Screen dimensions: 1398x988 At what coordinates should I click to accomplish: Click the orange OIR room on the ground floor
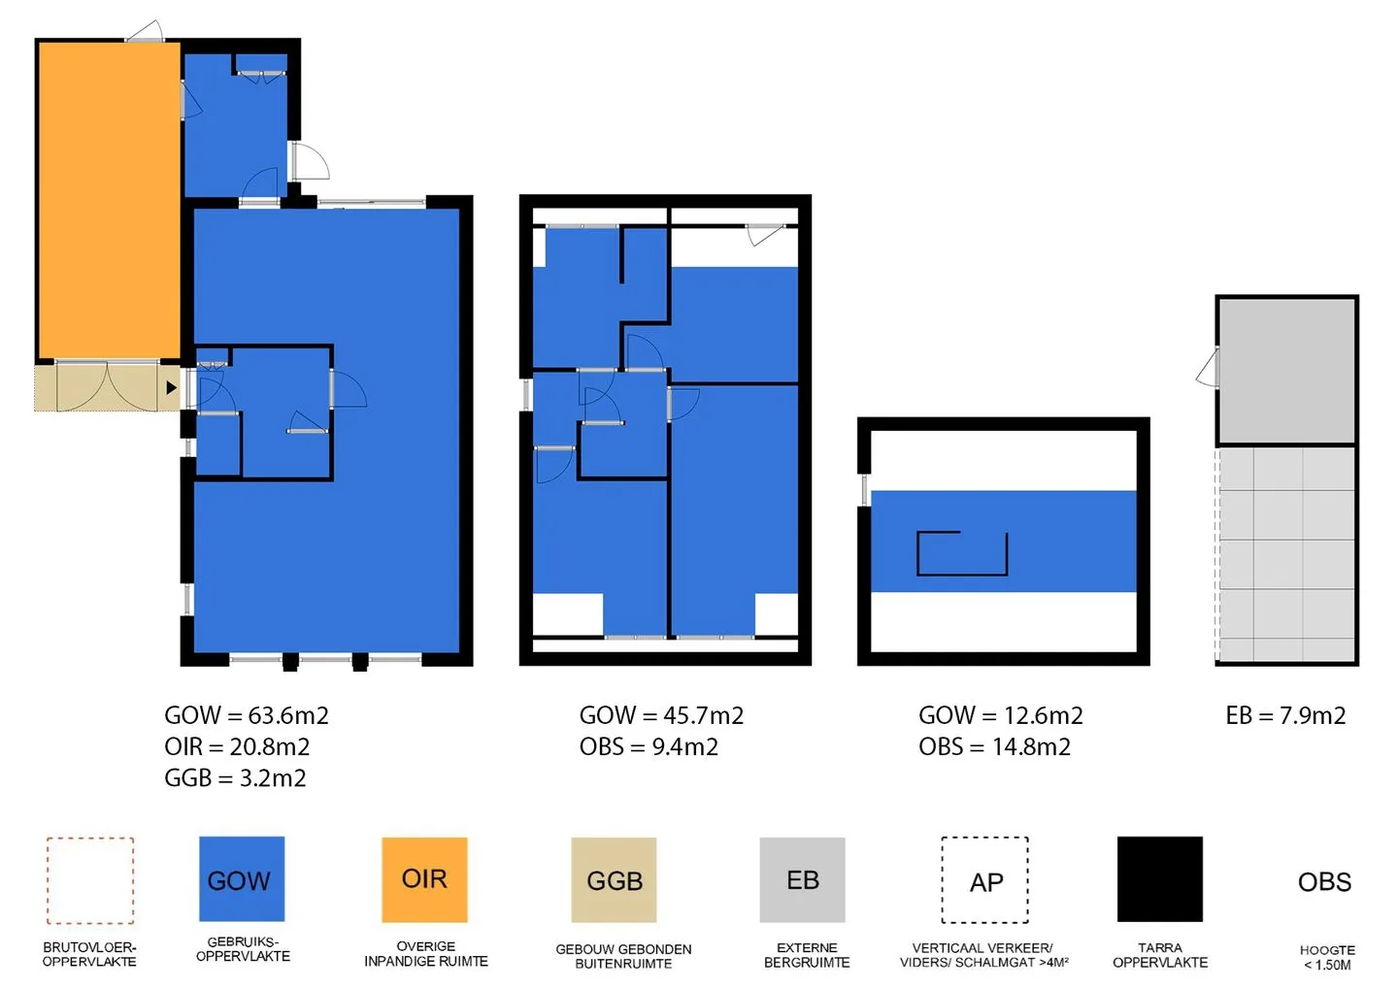click(110, 201)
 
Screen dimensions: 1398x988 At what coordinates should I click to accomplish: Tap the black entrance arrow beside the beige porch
click(172, 388)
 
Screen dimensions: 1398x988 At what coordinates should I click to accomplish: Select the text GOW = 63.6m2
click(247, 715)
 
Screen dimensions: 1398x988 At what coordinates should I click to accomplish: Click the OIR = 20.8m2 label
click(237, 746)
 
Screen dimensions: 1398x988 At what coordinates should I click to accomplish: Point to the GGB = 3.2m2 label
click(235, 777)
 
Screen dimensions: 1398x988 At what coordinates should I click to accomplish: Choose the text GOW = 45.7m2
click(661, 715)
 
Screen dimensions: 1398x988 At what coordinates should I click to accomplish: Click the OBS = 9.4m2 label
click(649, 746)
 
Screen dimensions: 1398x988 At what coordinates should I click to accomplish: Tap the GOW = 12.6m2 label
click(1001, 715)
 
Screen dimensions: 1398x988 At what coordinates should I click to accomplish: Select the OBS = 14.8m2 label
click(995, 746)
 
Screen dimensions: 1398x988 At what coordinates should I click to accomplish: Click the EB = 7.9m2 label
click(1285, 715)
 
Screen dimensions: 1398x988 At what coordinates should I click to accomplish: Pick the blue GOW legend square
click(242, 879)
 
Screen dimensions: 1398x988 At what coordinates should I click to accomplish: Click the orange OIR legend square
click(424, 879)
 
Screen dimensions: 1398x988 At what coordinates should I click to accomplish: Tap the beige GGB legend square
click(614, 879)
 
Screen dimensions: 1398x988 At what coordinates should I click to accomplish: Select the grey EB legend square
click(802, 879)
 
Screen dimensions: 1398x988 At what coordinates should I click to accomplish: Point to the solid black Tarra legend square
click(1159, 879)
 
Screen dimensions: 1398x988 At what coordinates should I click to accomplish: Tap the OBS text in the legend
click(1324, 882)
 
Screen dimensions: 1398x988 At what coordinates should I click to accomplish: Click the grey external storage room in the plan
click(1286, 371)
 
